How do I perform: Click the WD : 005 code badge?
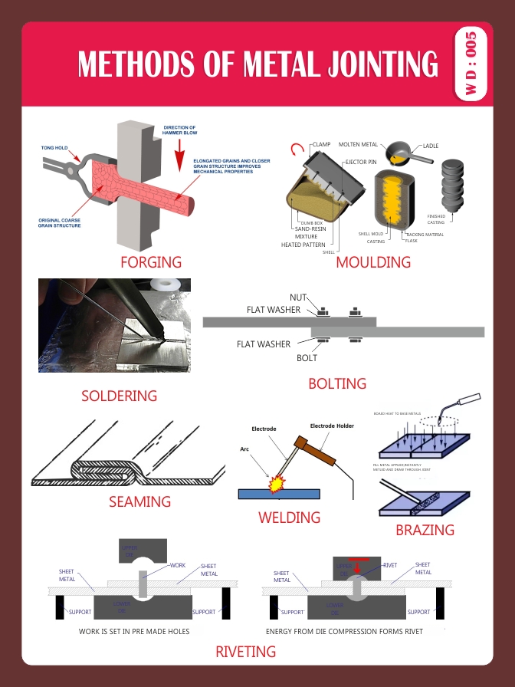[470, 64]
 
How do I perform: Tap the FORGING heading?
[151, 262]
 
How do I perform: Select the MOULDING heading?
[373, 262]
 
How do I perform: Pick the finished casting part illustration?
[450, 185]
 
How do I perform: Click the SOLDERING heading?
[119, 396]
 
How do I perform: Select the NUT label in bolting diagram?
[298, 297]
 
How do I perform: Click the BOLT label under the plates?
[307, 357]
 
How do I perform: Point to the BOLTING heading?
[337, 383]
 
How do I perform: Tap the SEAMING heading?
[139, 501]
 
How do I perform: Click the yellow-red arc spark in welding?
[273, 484]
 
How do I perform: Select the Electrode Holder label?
[332, 426]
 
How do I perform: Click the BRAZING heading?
[425, 530]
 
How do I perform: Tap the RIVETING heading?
[245, 652]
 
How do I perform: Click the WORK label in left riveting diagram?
[178, 565]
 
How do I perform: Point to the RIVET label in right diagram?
[390, 564]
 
